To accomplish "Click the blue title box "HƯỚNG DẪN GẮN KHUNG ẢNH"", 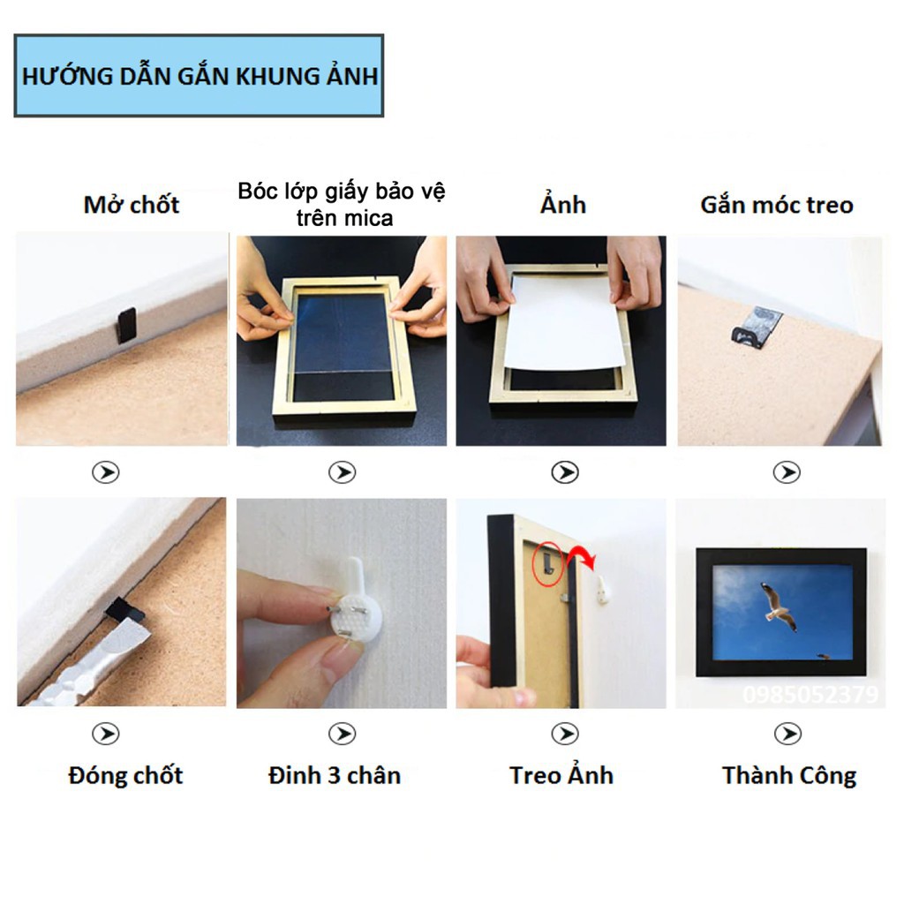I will (x=199, y=76).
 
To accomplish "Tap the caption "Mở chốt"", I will (x=132, y=205).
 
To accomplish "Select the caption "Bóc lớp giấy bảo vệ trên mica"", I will (x=341, y=204).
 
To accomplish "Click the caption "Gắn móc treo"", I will (x=777, y=205).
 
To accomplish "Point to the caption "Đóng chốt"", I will (x=125, y=776).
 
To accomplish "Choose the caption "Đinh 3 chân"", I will (x=335, y=776).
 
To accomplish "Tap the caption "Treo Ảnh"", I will (x=561, y=776).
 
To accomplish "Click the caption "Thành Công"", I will (x=789, y=776).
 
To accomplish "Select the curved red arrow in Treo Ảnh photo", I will (x=583, y=557).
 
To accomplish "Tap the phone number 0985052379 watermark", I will (x=810, y=696).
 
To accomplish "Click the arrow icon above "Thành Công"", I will (x=787, y=734).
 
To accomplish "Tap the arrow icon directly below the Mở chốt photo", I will (x=106, y=472).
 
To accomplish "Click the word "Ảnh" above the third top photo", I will (x=563, y=205).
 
